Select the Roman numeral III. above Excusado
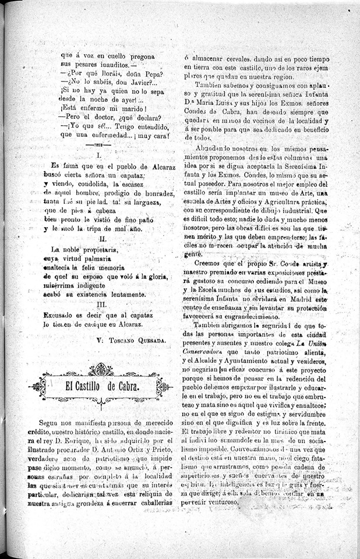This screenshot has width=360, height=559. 102,304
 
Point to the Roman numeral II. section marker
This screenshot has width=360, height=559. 103,239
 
